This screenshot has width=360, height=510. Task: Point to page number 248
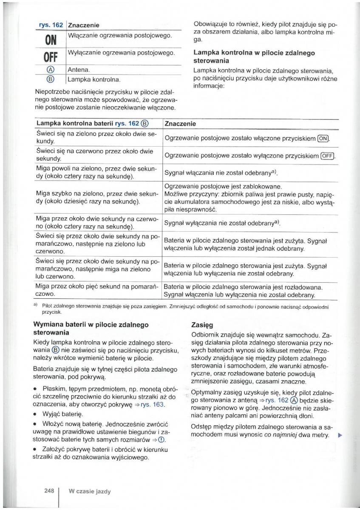(49, 491)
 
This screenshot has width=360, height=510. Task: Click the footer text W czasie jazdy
(90, 491)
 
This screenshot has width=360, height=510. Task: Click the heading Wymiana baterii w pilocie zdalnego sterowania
(91, 329)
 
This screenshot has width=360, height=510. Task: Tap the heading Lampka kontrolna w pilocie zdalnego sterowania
(254, 57)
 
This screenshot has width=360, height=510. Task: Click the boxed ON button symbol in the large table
(323, 139)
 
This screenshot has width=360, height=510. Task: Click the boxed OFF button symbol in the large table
(328, 156)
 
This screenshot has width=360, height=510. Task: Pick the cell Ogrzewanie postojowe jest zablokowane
(223, 186)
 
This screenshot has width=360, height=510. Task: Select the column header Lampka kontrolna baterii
(92, 124)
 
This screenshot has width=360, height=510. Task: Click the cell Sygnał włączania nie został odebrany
(221, 173)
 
